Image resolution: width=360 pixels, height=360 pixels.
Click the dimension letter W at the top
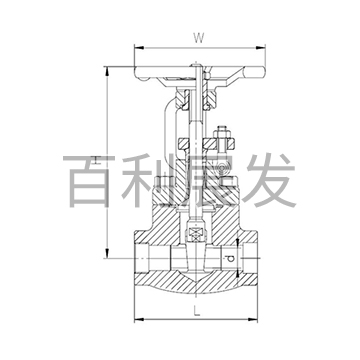pyautogui.click(x=199, y=39)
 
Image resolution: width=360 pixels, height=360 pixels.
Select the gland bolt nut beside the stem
pyautogui.click(x=223, y=139)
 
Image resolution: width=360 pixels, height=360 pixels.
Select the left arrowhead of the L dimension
pyautogui.click(x=132, y=318)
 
